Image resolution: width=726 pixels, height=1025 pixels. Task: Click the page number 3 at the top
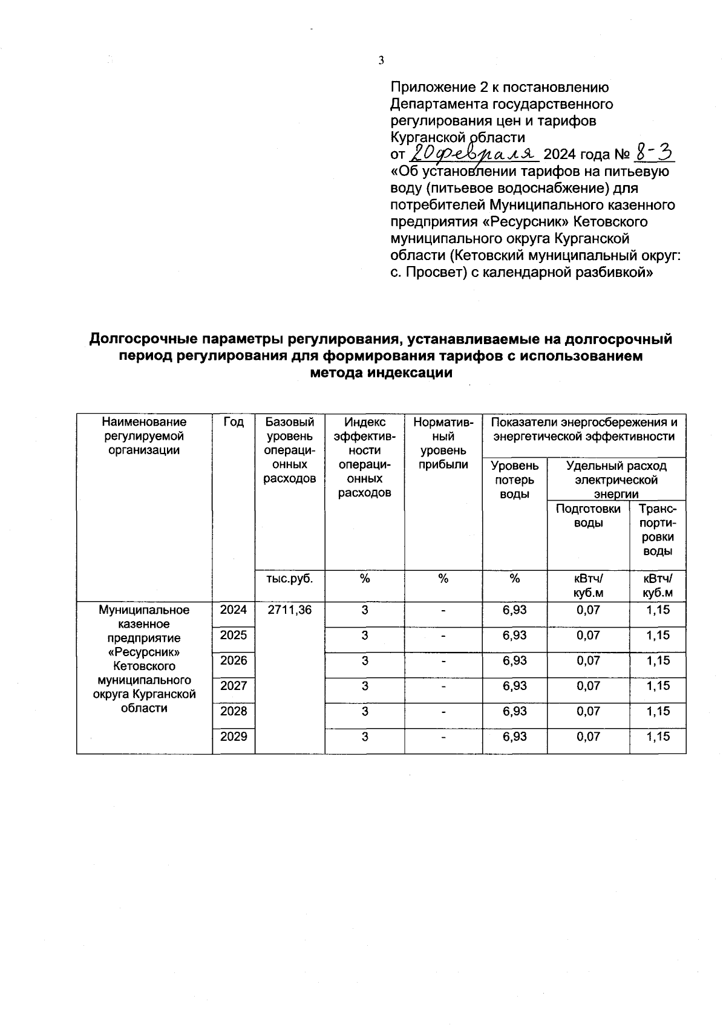point(381,60)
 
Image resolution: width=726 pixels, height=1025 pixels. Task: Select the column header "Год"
point(234,422)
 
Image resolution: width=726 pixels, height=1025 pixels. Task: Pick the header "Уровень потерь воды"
point(514,480)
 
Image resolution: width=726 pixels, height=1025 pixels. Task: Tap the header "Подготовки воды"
point(588,515)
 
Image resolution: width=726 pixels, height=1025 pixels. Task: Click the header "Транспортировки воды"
point(658,530)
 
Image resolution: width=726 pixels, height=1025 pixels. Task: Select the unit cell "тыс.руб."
point(290,579)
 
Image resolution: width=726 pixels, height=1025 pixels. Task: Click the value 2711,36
point(290,610)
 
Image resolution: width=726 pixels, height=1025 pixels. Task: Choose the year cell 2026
point(234,661)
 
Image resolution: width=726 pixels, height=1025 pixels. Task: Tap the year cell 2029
point(234,737)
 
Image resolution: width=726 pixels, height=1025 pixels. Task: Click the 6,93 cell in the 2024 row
point(514,610)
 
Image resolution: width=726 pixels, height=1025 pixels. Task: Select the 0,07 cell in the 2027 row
point(588,686)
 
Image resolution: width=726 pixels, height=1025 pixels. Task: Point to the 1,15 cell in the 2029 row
point(658,737)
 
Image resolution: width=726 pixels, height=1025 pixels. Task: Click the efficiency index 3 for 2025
point(365,636)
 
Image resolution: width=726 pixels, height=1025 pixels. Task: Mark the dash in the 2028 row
point(443,712)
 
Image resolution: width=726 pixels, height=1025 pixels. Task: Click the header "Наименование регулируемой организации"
point(145,436)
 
